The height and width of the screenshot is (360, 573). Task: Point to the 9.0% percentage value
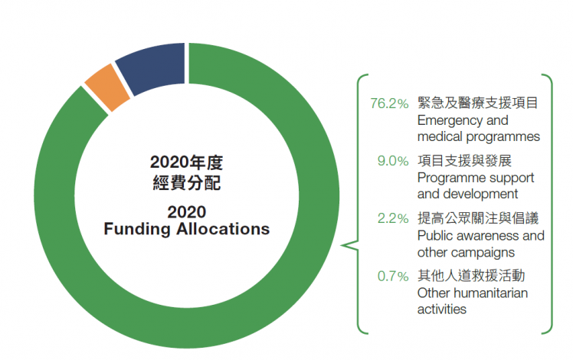pyautogui.click(x=394, y=161)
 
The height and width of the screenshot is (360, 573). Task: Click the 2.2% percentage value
pyautogui.click(x=393, y=218)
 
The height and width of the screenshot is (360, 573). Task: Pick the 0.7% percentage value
pyautogui.click(x=393, y=275)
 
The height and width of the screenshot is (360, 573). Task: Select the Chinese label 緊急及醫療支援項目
pyautogui.click(x=477, y=103)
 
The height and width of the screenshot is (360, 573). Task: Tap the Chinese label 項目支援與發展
pyautogui.click(x=464, y=161)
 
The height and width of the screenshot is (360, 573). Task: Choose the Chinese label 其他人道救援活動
pyautogui.click(x=470, y=275)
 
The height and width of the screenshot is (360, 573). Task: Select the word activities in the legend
pyautogui.click(x=442, y=309)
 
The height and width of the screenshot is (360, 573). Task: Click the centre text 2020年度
pyautogui.click(x=186, y=162)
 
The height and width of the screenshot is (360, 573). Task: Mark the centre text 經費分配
pyautogui.click(x=186, y=182)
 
